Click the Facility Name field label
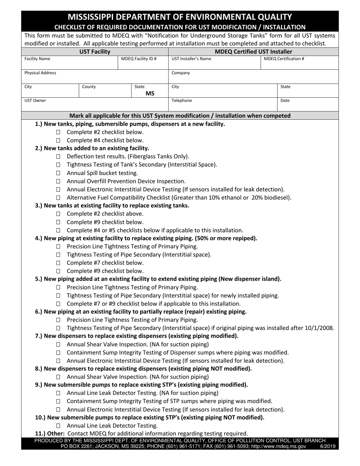37,59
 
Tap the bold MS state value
150,94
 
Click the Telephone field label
182,101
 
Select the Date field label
285,101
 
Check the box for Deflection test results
58,156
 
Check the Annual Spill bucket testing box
58,173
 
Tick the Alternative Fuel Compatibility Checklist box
58,198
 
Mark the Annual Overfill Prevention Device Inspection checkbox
58,181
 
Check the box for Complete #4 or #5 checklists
58,230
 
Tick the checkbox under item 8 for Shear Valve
58,377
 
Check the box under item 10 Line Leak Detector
58,426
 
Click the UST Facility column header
95,52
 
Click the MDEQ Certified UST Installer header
253,52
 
